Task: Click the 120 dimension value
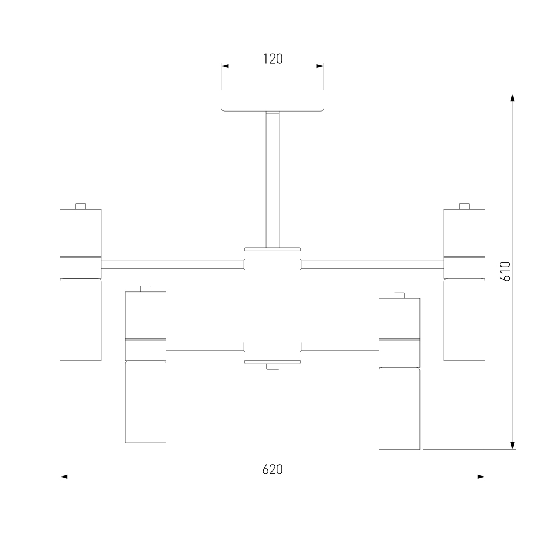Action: click(x=273, y=59)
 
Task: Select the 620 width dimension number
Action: click(x=273, y=469)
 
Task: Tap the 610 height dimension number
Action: click(x=505, y=271)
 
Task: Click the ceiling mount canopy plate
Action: click(x=273, y=102)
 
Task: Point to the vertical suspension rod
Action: click(x=273, y=180)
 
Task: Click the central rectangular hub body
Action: click(x=273, y=306)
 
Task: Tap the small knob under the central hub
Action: click(x=273, y=367)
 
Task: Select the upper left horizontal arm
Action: click(x=172, y=265)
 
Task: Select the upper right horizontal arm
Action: click(x=372, y=265)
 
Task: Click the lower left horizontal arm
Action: click(x=206, y=347)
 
